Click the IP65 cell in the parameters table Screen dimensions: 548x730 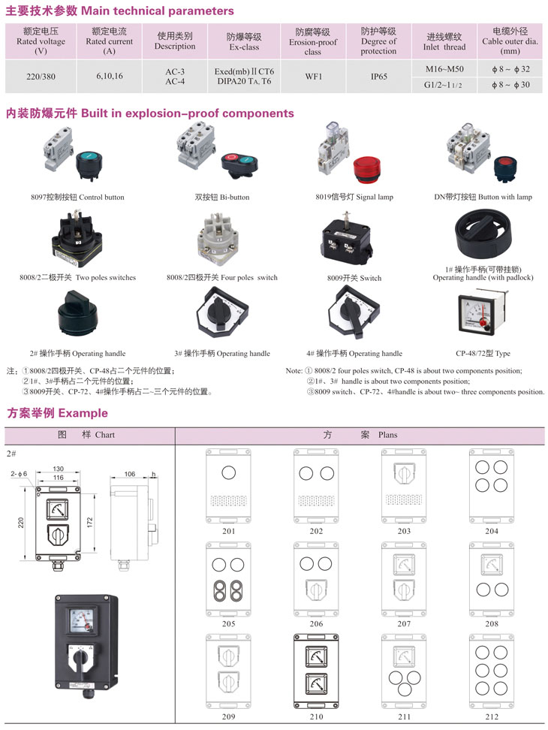pyautogui.click(x=378, y=77)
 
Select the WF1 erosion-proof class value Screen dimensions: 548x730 pyautogui.click(x=314, y=77)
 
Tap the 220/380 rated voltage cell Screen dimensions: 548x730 pyautogui.click(x=41, y=77)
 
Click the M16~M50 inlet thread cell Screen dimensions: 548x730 pyautogui.click(x=444, y=69)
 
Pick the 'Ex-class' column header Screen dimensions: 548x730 pyautogui.click(x=244, y=47)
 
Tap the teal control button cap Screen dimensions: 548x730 pyautogui.click(x=88, y=160)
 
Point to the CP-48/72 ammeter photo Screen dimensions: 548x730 pyautogui.click(x=482, y=314)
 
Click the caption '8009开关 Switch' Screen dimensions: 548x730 pyautogui.click(x=354, y=278)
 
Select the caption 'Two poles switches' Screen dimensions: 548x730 pyautogui.click(x=106, y=277)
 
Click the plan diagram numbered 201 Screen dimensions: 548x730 pyautogui.click(x=228, y=486)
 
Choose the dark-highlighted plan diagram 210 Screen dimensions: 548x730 pyautogui.click(x=316, y=671)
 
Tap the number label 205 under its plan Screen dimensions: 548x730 pyautogui.click(x=228, y=623)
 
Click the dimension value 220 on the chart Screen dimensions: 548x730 pyautogui.click(x=21, y=523)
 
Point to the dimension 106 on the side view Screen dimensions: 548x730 pyautogui.click(x=129, y=474)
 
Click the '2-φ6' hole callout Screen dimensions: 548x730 pyautogui.click(x=19, y=473)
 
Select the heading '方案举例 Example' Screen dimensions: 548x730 pyautogui.click(x=57, y=413)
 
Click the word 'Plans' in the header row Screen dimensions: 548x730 pyautogui.click(x=388, y=435)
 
